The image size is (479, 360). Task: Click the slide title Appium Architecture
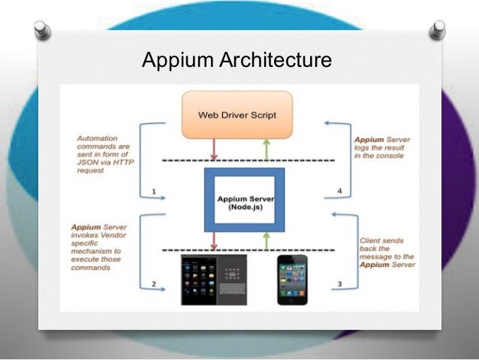pyautogui.click(x=236, y=59)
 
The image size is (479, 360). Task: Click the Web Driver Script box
pyautogui.click(x=236, y=115)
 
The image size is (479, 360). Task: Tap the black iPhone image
pyautogui.click(x=291, y=279)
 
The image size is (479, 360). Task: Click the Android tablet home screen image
pyautogui.click(x=198, y=279)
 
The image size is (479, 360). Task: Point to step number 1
pyautogui.click(x=154, y=192)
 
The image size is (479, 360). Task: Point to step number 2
pyautogui.click(x=153, y=284)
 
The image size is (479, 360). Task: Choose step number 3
pyautogui.click(x=340, y=284)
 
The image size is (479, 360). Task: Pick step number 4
pyautogui.click(x=339, y=192)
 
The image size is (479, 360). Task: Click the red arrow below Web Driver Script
pyautogui.click(x=214, y=149)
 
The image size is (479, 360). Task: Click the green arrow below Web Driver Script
pyautogui.click(x=265, y=149)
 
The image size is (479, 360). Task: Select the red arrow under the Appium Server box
pyautogui.click(x=214, y=241)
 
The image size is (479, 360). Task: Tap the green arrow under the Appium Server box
pyautogui.click(x=265, y=241)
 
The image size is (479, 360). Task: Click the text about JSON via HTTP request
pyautogui.click(x=102, y=154)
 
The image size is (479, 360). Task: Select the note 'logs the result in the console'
pyautogui.click(x=380, y=147)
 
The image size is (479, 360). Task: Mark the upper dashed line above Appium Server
pyautogui.click(x=248, y=162)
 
